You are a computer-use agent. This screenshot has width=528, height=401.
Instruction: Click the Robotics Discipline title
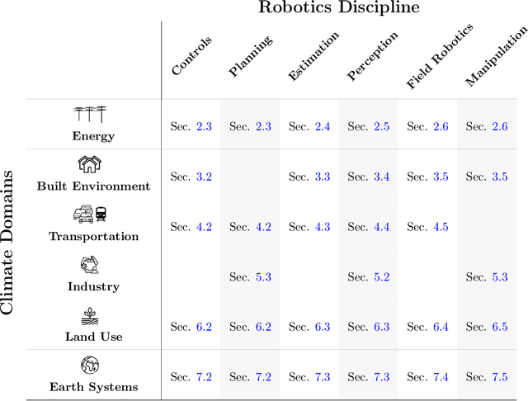[x=339, y=8]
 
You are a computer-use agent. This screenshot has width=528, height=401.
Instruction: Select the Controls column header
[x=192, y=56]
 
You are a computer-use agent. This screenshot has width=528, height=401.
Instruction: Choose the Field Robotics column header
[x=440, y=57]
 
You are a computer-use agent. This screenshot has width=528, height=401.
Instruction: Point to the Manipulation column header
[x=496, y=56]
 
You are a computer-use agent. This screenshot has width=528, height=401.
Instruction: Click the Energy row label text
[x=93, y=136]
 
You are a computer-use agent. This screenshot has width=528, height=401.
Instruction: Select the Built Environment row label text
[x=93, y=186]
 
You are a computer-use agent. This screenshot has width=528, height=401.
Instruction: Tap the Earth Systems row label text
[x=93, y=387]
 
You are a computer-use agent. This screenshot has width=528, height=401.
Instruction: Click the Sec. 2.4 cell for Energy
[x=309, y=126]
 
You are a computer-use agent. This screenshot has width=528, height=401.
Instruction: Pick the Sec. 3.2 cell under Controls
[x=191, y=177]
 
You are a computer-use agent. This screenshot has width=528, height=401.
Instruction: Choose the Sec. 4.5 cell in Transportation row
[x=428, y=227]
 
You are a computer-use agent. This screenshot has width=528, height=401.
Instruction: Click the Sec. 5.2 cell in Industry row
[x=369, y=277]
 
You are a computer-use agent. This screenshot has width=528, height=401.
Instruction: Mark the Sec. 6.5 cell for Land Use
[x=488, y=327]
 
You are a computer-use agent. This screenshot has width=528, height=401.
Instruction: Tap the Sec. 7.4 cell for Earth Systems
[x=428, y=377]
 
